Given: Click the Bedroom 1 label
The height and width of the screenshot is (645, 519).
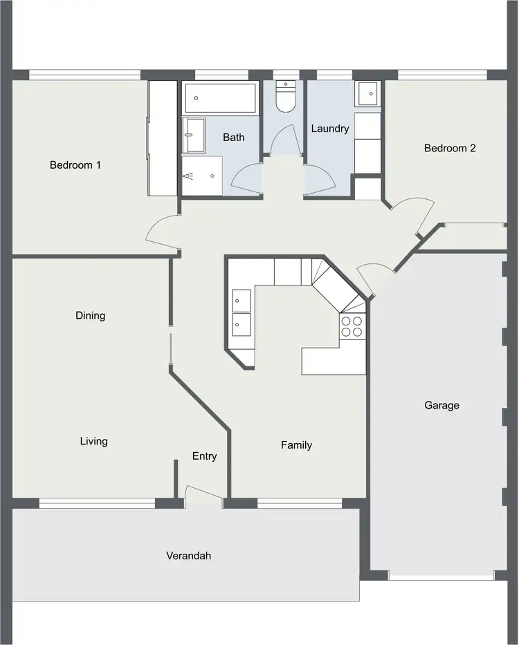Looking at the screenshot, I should [x=75, y=165].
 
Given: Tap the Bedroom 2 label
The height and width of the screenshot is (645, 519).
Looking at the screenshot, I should [x=450, y=148].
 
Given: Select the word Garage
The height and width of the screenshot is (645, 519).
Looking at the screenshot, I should [x=441, y=405].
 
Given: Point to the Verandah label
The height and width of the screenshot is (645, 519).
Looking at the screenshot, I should [x=188, y=555].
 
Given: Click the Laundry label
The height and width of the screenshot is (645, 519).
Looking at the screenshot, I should [x=330, y=129].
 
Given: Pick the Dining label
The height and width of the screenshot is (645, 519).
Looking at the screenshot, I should [x=91, y=315].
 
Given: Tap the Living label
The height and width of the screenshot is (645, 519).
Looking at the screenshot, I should [x=93, y=441].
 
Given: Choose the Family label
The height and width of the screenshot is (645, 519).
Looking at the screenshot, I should [x=296, y=445].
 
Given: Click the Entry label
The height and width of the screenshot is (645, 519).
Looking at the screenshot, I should [x=204, y=456].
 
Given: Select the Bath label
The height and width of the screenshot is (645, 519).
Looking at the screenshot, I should [x=233, y=138].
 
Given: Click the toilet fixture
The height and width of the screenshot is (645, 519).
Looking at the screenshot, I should [x=284, y=97].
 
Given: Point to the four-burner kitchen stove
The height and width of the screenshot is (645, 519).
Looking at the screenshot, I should [x=352, y=326].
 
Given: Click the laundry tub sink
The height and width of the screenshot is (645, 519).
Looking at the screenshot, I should [x=367, y=93].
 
